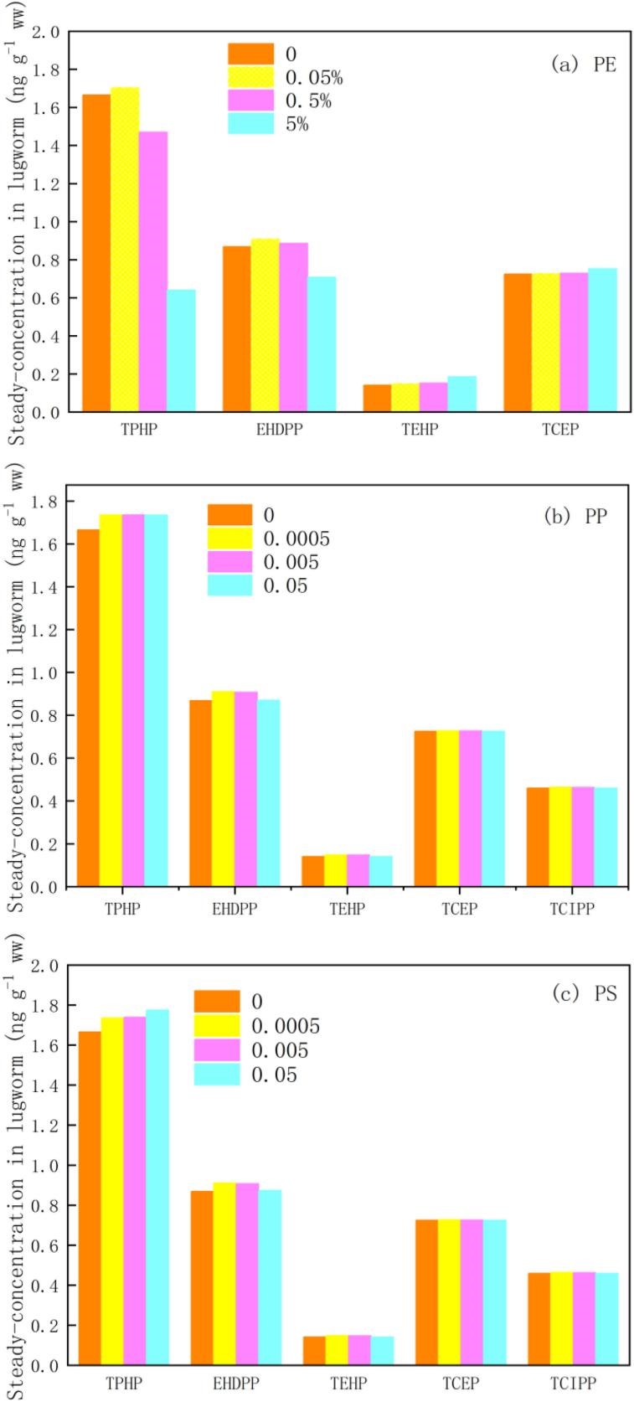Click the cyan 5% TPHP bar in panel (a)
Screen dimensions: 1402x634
(x=181, y=350)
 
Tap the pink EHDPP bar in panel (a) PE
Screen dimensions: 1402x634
(x=294, y=327)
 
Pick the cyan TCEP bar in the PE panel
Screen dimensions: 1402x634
(x=602, y=340)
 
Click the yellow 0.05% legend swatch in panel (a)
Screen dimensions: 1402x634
(x=250, y=78)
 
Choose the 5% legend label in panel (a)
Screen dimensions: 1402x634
(x=297, y=125)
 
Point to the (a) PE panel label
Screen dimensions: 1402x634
(x=583, y=64)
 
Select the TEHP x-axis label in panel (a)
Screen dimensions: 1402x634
(x=419, y=430)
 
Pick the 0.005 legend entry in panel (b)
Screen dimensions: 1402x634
(x=291, y=562)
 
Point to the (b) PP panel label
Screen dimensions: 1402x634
(x=575, y=516)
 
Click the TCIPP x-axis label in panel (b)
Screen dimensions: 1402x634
(x=572, y=908)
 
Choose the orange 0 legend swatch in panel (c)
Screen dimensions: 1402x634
(x=216, y=1002)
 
